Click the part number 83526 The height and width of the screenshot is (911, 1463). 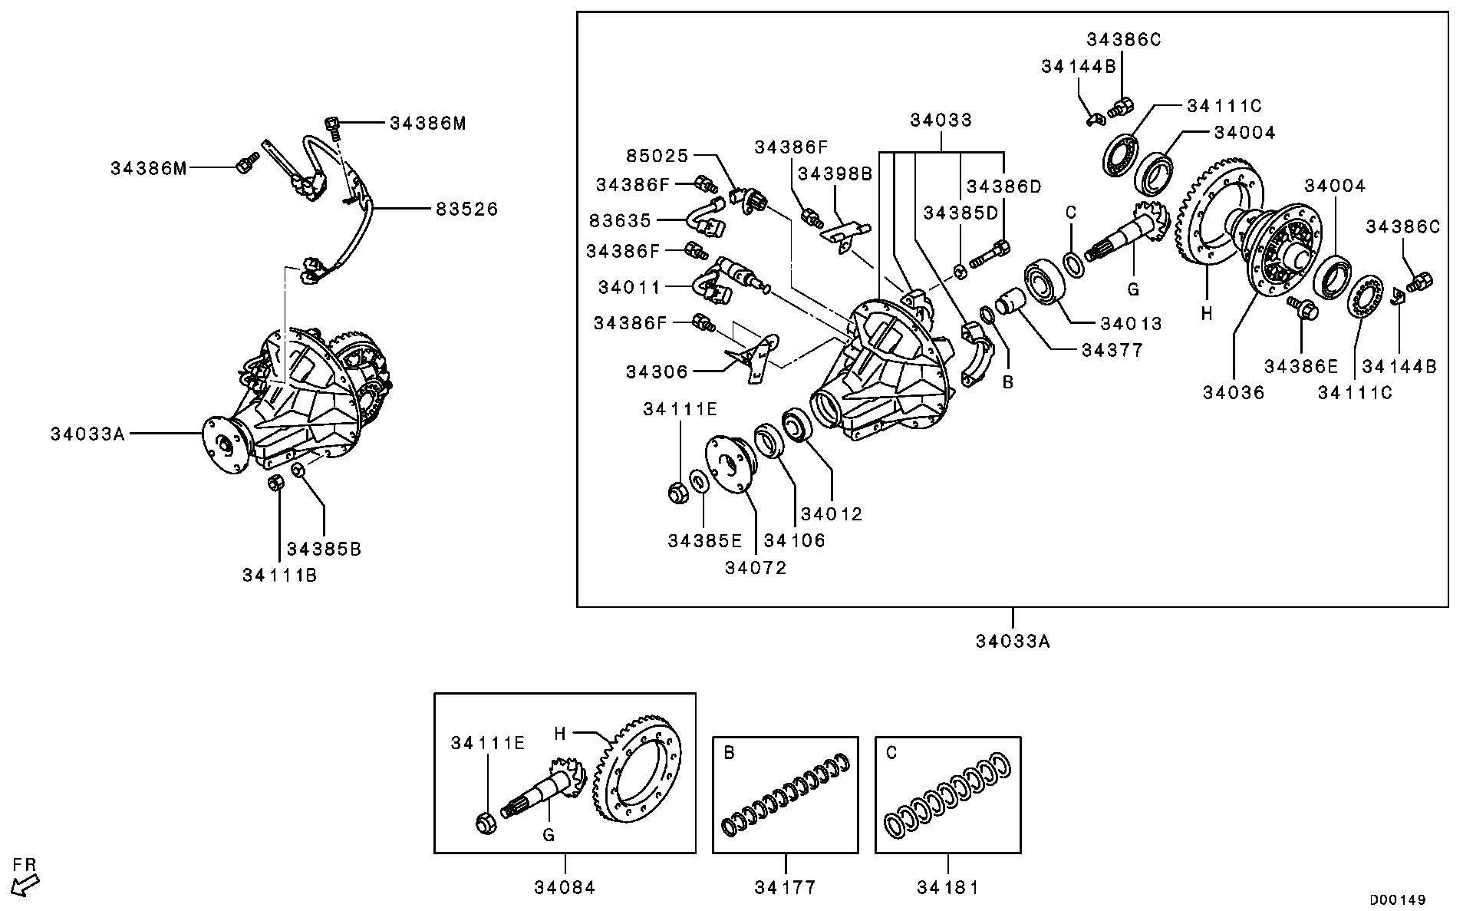pyautogui.click(x=466, y=208)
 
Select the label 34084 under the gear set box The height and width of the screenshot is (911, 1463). pyautogui.click(x=565, y=887)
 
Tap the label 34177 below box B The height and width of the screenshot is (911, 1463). pyautogui.click(x=785, y=887)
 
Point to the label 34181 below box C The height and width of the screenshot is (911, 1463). pyautogui.click(x=947, y=887)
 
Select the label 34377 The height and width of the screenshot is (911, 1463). pyautogui.click(x=1112, y=350)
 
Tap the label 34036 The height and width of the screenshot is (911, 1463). pyautogui.click(x=1233, y=392)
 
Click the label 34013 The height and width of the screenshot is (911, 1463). pyautogui.click(x=1131, y=324)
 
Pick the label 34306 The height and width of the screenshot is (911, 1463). pyautogui.click(x=657, y=371)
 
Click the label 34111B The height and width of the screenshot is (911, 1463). pyautogui.click(x=279, y=575)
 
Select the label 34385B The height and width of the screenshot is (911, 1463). pyautogui.click(x=324, y=549)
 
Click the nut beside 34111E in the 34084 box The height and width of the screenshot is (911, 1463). pyautogui.click(x=485, y=824)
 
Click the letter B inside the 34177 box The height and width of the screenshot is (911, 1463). pyautogui.click(x=729, y=753)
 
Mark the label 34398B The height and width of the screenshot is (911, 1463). pyautogui.click(x=835, y=173)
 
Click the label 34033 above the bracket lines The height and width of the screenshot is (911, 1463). pyautogui.click(x=941, y=120)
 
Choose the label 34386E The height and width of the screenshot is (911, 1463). pyautogui.click(x=1302, y=366)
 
